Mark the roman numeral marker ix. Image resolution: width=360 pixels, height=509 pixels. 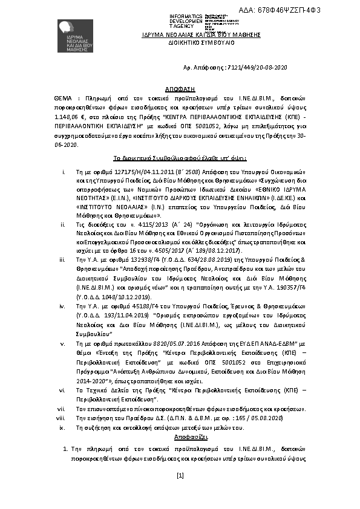coord(62,427)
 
